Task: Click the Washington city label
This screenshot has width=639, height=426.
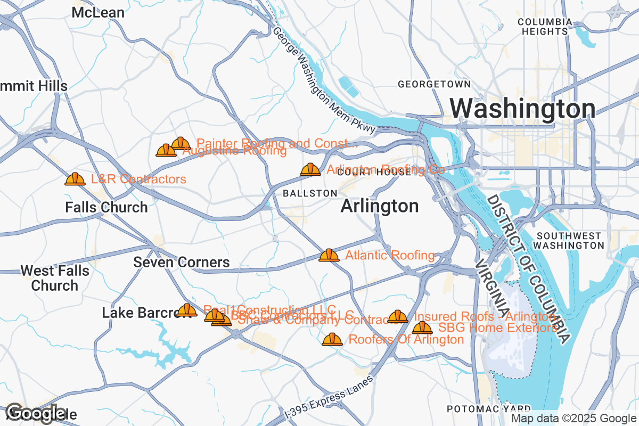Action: click(522, 109)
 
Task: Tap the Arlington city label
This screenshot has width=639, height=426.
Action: click(379, 206)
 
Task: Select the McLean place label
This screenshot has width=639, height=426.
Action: click(98, 12)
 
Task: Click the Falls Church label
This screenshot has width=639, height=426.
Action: click(106, 207)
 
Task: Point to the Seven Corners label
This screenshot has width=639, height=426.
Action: click(181, 262)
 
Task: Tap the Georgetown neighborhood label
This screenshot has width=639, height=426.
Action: click(434, 84)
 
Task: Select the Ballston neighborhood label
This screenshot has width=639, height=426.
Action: click(310, 193)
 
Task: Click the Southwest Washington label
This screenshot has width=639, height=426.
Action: click(569, 240)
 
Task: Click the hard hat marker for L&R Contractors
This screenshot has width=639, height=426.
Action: click(75, 179)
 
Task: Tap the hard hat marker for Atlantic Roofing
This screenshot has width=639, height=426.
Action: click(329, 255)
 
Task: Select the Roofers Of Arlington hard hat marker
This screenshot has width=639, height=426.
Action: click(332, 339)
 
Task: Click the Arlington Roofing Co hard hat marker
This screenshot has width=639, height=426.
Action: click(310, 169)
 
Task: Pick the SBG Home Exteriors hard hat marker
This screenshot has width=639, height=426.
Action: click(422, 327)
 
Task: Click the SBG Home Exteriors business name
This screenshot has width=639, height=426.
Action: click(497, 327)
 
